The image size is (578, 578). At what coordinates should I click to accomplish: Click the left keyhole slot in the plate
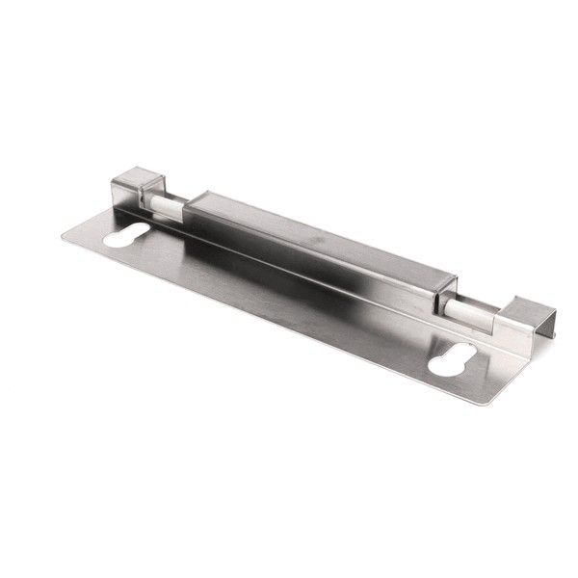click(127, 235)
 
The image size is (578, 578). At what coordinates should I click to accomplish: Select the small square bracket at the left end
click(133, 190)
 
